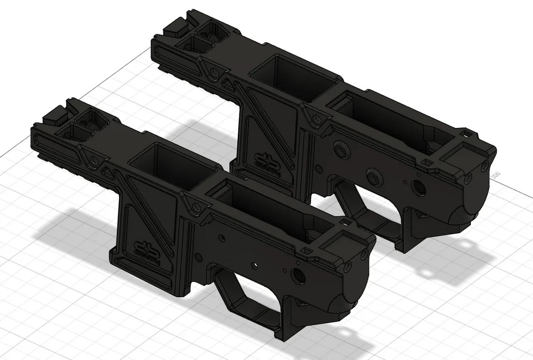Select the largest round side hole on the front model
click(299, 275)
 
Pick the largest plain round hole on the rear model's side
click(419, 188)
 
